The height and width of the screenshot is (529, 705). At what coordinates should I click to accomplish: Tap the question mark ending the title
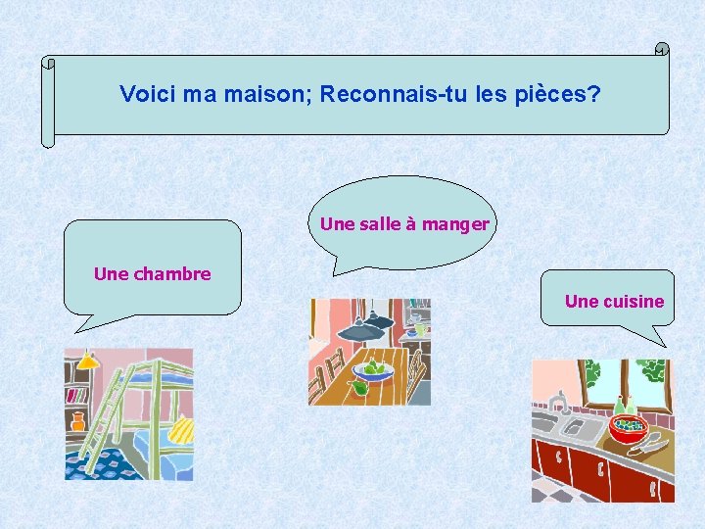(594, 95)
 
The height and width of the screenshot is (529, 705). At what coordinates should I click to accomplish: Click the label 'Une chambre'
(152, 274)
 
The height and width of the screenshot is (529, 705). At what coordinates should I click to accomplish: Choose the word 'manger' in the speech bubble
(456, 224)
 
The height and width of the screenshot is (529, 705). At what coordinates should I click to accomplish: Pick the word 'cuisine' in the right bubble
(633, 302)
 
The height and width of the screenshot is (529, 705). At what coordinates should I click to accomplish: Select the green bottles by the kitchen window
(623, 404)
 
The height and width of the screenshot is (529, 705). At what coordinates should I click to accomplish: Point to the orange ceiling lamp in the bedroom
(86, 361)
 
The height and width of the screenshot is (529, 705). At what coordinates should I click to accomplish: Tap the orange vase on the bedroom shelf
(78, 421)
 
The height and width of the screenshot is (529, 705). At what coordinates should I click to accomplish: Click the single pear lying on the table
(359, 389)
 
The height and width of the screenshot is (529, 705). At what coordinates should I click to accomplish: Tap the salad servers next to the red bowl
(649, 447)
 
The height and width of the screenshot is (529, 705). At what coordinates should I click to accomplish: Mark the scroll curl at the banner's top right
(662, 49)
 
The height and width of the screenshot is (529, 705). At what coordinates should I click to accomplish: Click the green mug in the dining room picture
(419, 329)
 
